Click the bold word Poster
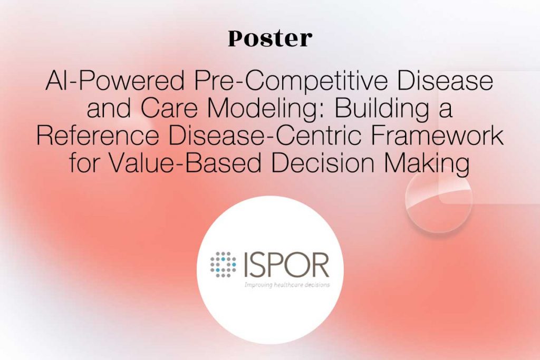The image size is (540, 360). pos(270,38)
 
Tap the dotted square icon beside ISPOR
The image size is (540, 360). pos(223,265)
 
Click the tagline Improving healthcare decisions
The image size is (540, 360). pos(287,285)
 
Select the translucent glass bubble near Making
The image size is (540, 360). pos(438,200)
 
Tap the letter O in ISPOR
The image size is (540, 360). pos(296,265)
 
